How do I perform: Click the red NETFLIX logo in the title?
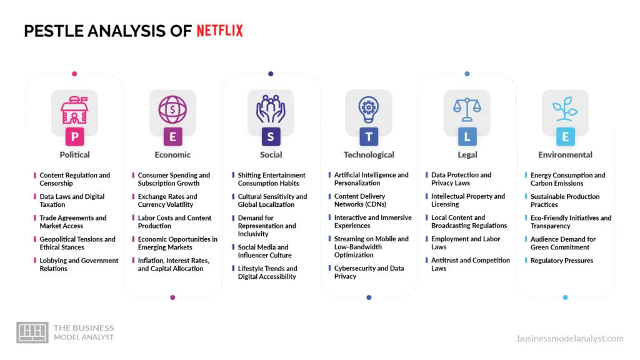(x=219, y=31)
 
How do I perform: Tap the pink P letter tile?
(x=75, y=136)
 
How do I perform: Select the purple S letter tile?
(x=271, y=136)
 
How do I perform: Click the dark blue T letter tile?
(x=369, y=136)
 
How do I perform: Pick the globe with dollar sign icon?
(x=172, y=109)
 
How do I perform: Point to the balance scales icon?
(x=467, y=109)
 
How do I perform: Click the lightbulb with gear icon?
(x=369, y=109)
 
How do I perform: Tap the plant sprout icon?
(x=565, y=109)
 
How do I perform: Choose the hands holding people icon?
(x=271, y=109)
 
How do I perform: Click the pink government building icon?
(x=75, y=109)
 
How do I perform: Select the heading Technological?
(x=369, y=155)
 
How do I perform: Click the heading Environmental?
(x=565, y=155)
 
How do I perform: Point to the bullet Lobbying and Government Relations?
(x=79, y=264)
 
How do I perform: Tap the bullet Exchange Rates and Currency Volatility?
(x=167, y=201)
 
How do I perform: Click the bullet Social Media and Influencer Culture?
(x=263, y=251)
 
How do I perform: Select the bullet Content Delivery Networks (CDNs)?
(x=359, y=201)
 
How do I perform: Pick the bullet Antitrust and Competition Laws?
(x=470, y=264)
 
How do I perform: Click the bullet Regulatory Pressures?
(x=561, y=261)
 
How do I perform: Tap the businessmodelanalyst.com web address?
(x=570, y=339)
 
